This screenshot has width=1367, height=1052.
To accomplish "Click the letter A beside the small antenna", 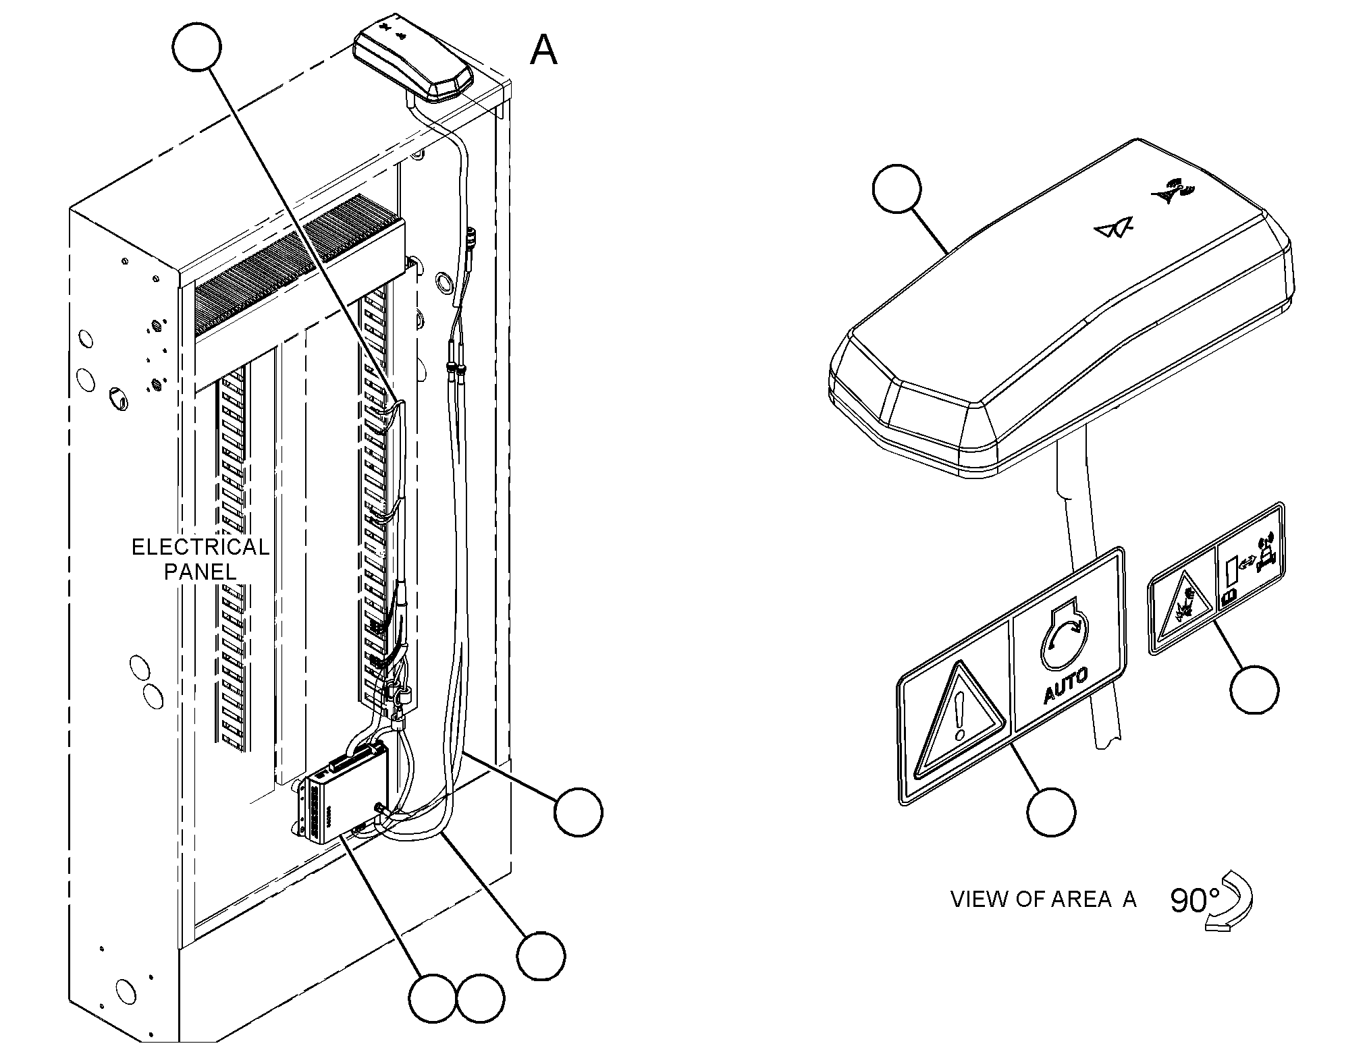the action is point(543,50).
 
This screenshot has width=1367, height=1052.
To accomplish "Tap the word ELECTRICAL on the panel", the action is point(200,547).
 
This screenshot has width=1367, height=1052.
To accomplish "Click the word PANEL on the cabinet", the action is point(200,572).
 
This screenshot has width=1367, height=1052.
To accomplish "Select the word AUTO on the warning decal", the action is point(1066,687).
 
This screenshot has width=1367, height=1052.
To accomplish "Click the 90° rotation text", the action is point(1195,901).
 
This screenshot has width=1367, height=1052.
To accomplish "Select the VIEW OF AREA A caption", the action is point(1044,899).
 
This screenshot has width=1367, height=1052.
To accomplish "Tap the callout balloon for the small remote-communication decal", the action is point(1254,689).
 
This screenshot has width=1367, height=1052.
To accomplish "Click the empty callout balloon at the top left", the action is point(196,46).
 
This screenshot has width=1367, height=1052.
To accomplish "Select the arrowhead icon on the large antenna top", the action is point(1113,230).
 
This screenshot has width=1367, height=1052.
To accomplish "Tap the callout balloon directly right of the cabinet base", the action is point(578,812).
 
